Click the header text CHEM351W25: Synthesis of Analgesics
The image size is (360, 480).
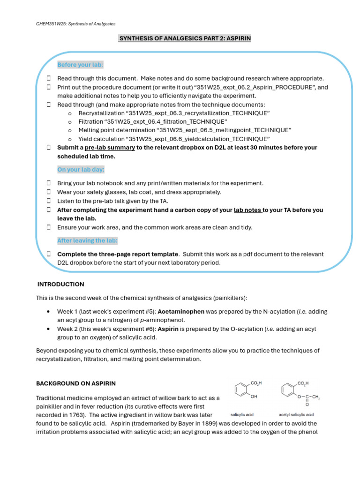tap(75, 24)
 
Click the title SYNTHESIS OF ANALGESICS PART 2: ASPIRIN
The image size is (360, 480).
tap(184, 38)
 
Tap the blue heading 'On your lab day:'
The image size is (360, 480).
tap(81, 169)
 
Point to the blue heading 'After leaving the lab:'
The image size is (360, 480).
tap(87, 240)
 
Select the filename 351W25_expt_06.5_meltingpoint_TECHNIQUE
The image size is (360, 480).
tap(225, 130)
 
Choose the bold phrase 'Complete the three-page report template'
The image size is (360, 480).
tap(117, 254)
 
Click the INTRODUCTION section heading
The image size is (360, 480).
tap(61, 284)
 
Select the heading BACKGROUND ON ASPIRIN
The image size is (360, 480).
tap(76, 383)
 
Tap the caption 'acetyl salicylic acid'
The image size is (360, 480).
tap(296, 414)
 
